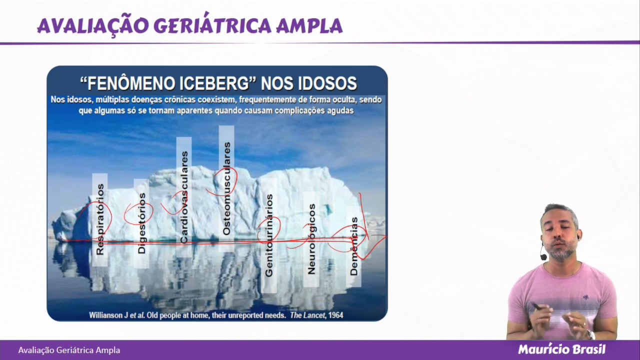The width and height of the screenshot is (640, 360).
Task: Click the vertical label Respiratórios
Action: (x=100, y=219)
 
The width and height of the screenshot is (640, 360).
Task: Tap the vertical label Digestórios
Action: (x=141, y=223)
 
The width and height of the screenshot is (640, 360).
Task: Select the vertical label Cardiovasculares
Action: (x=184, y=197)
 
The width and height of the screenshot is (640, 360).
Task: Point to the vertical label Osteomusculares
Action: (x=226, y=188)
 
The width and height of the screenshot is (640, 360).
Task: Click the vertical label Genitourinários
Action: (x=269, y=235)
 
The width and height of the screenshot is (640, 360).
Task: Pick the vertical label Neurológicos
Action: (x=311, y=239)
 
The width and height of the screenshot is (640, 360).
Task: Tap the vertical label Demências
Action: (x=354, y=246)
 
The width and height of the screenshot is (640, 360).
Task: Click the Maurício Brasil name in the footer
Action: (x=561, y=349)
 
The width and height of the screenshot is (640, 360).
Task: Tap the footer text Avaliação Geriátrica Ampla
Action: (x=69, y=350)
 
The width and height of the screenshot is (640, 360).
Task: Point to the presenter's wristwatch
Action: (x=591, y=334)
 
